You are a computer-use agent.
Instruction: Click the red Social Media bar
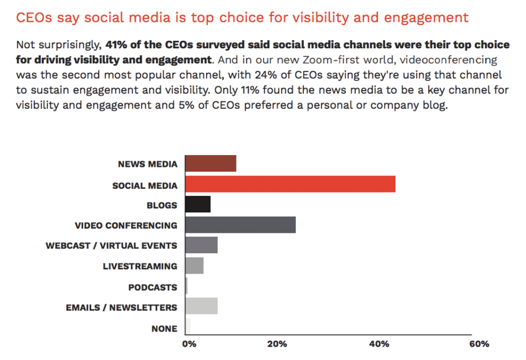(x=290, y=184)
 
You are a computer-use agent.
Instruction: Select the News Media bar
(x=210, y=164)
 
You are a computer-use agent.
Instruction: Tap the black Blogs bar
(x=198, y=204)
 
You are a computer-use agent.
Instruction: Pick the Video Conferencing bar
(x=240, y=225)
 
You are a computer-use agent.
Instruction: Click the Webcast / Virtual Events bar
(x=201, y=245)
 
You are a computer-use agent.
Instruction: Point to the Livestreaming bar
(x=194, y=266)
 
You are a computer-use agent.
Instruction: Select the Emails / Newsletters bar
(x=201, y=306)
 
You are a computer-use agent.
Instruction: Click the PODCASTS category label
(x=152, y=288)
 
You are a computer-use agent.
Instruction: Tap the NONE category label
(x=164, y=328)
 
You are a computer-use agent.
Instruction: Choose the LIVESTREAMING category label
(x=140, y=267)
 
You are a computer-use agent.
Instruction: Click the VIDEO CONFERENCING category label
(x=126, y=226)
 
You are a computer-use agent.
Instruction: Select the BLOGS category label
(x=162, y=205)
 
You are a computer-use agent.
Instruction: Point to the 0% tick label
(x=189, y=344)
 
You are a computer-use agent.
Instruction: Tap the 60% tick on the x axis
(x=479, y=344)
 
